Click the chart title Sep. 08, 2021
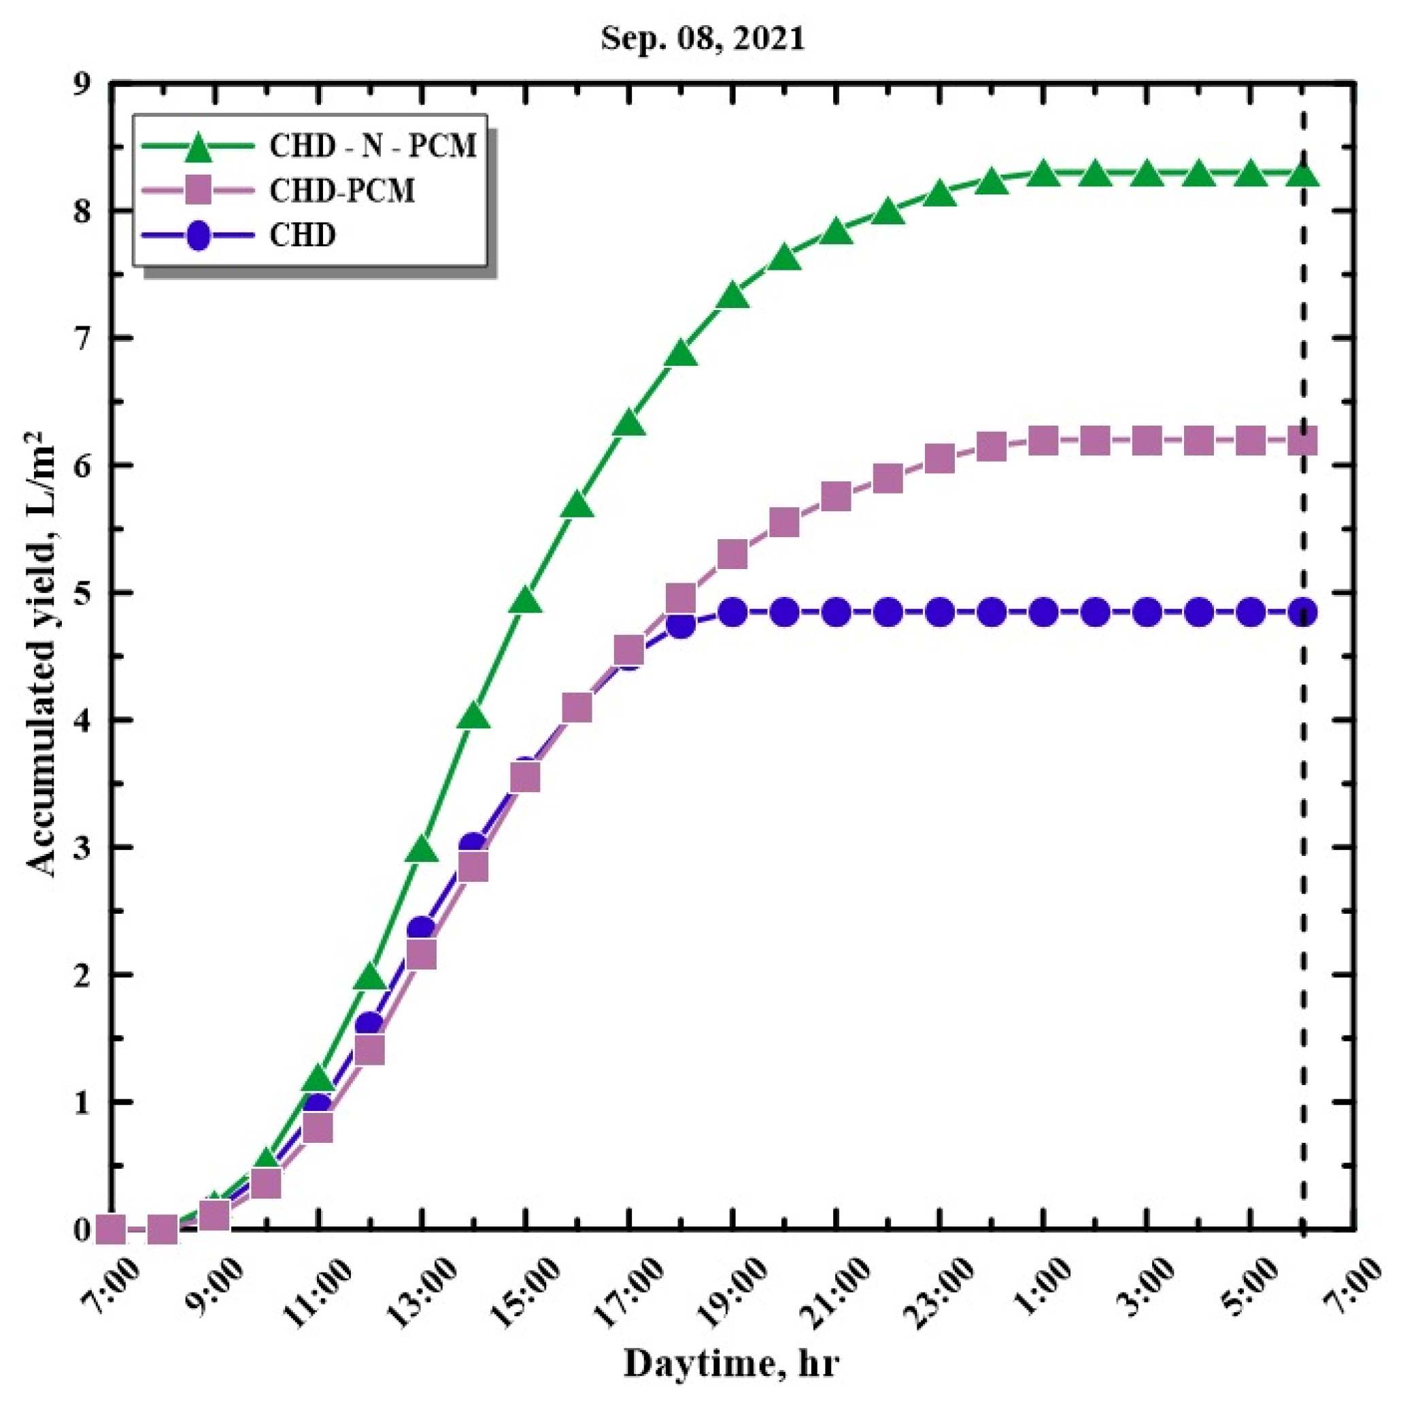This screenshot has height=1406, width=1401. coord(703,39)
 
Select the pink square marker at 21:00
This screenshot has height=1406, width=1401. coord(837,497)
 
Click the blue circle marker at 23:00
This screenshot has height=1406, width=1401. coord(941,612)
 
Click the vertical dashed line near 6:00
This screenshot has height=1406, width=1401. coord(1303,727)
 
